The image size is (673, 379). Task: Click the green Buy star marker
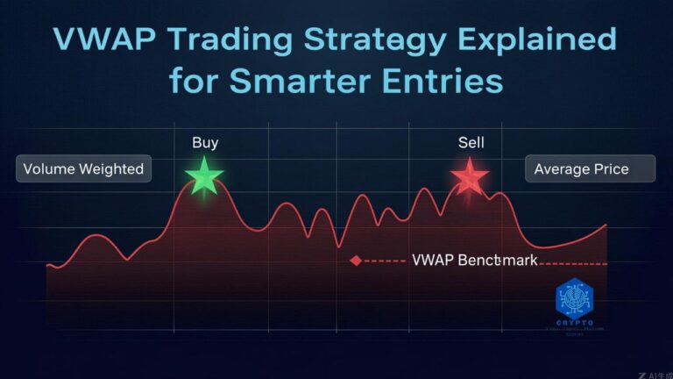click(x=204, y=176)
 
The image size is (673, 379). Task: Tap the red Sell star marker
click(x=469, y=176)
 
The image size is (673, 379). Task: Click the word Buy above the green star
click(x=204, y=142)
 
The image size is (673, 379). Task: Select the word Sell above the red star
click(x=471, y=142)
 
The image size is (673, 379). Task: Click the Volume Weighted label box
click(x=83, y=168)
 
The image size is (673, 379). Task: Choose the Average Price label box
click(x=590, y=168)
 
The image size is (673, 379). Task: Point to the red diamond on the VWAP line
click(x=355, y=261)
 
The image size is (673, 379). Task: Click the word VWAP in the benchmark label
click(x=432, y=261)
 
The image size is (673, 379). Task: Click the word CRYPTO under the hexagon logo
click(x=575, y=323)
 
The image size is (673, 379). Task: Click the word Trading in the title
click(x=232, y=41)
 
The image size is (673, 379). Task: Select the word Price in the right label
click(x=610, y=168)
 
